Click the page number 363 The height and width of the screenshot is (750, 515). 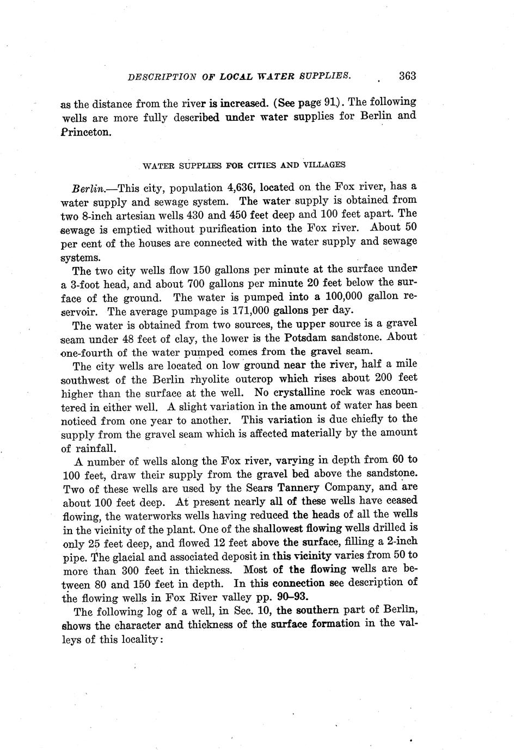(407, 76)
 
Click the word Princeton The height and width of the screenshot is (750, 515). (85, 132)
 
